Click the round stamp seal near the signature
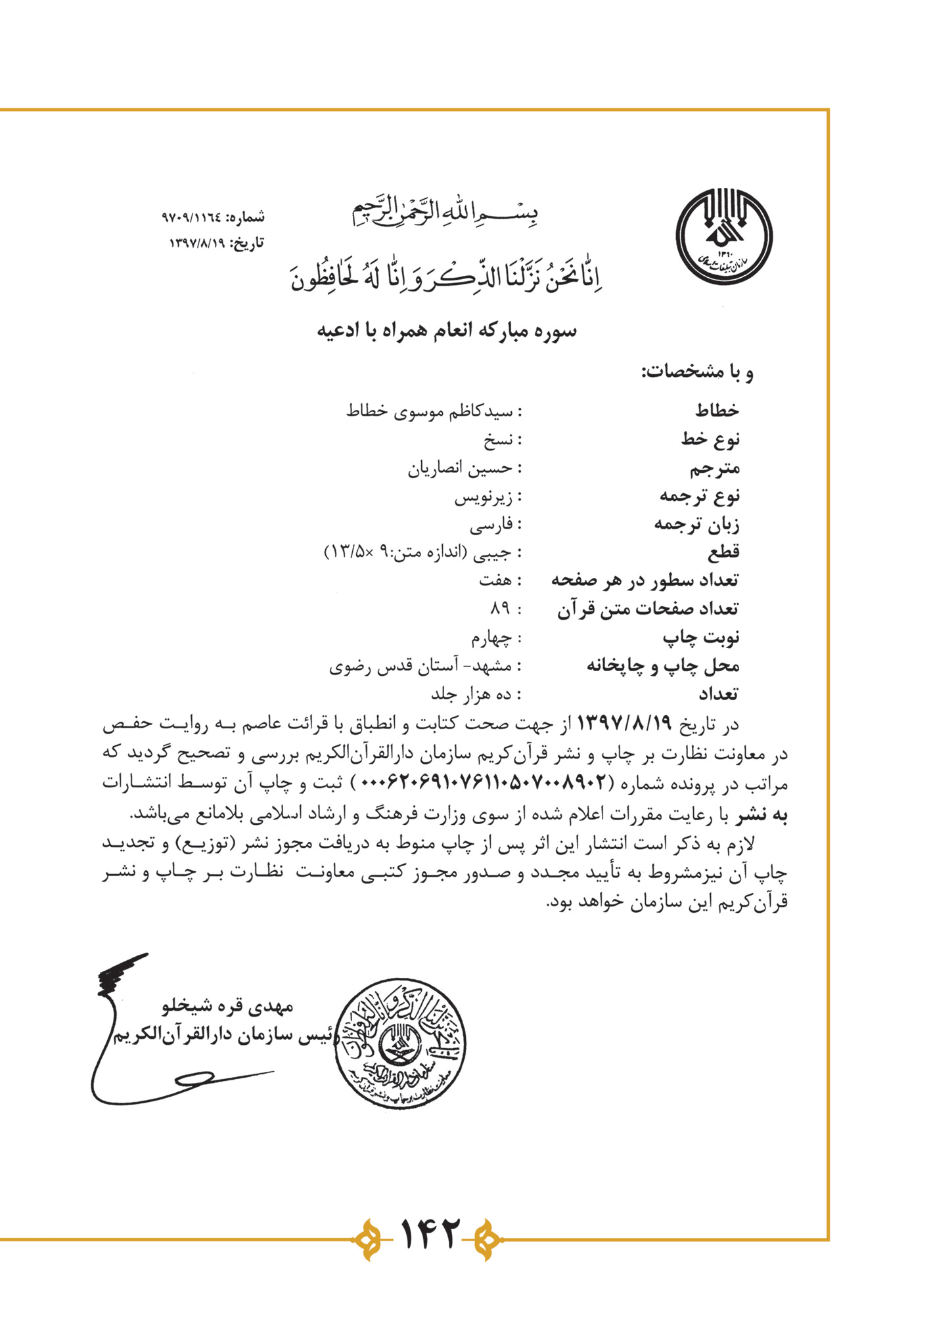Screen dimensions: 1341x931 click(x=400, y=1044)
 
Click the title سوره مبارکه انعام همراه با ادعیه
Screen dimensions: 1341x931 click(x=447, y=330)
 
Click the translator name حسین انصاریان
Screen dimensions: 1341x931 click(x=459, y=469)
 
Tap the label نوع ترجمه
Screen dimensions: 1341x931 click(x=699, y=496)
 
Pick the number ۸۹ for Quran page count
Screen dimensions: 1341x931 click(x=500, y=609)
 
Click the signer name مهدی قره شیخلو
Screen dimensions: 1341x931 click(x=227, y=1005)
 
